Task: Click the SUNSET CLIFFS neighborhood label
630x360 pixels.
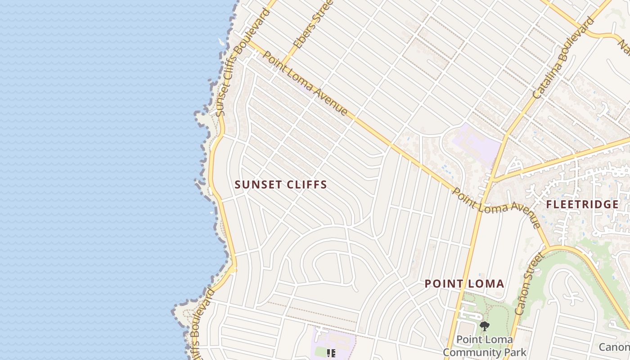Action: [281, 184]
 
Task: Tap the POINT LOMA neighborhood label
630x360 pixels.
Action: [464, 284]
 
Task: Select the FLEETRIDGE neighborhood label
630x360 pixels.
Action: [582, 205]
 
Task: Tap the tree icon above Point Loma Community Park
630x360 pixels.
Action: [484, 326]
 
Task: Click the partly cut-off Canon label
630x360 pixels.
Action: [615, 347]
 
